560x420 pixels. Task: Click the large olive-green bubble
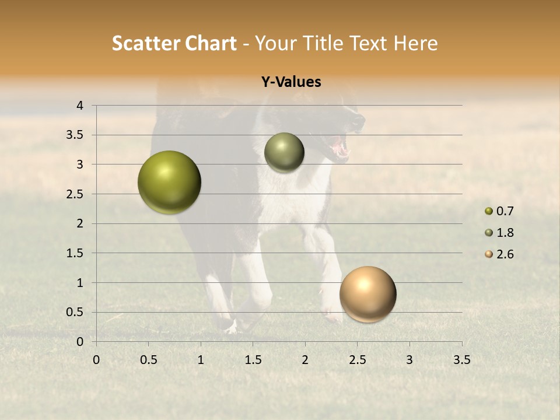169,182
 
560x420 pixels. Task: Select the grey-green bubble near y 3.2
284,152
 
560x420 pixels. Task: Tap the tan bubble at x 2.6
367,294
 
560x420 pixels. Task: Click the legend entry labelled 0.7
499,211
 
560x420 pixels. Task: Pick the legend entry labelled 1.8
499,233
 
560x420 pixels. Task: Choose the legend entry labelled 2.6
499,254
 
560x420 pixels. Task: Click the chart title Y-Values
291,82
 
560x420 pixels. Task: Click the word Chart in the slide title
211,43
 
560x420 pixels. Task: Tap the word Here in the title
415,43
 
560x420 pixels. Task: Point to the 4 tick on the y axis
80,106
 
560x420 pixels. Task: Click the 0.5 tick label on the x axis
148,360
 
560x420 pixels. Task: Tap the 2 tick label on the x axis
305,360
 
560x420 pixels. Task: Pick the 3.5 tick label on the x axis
461,360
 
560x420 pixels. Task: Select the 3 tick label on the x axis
409,360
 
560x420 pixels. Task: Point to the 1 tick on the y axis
80,282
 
